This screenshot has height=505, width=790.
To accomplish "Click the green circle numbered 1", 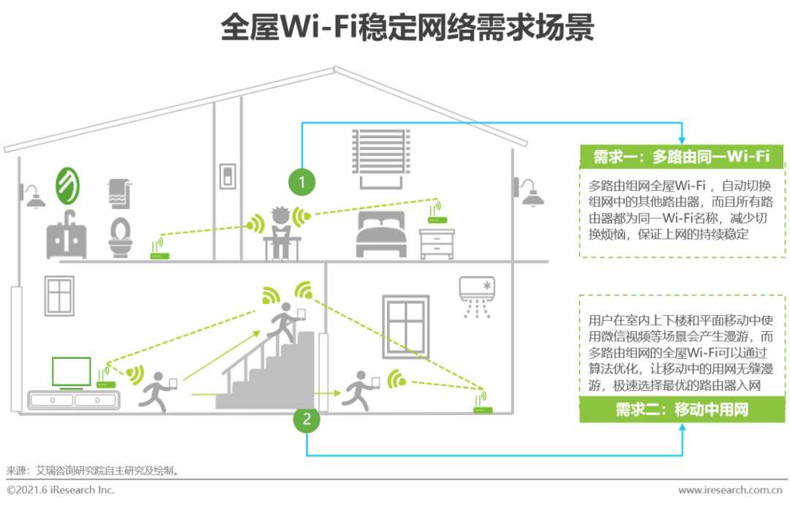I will (301, 181).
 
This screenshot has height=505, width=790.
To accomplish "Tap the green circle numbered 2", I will (307, 418).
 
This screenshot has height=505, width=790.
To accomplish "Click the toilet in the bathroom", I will (119, 235).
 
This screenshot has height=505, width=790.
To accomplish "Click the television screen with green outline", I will (71, 372).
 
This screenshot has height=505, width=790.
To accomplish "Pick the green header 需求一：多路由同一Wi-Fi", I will (682, 156).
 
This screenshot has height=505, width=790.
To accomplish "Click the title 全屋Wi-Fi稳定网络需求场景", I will (395, 29).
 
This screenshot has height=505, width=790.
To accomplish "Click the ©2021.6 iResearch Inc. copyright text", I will (61, 490).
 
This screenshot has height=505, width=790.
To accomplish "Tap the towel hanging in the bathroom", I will (119, 192).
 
